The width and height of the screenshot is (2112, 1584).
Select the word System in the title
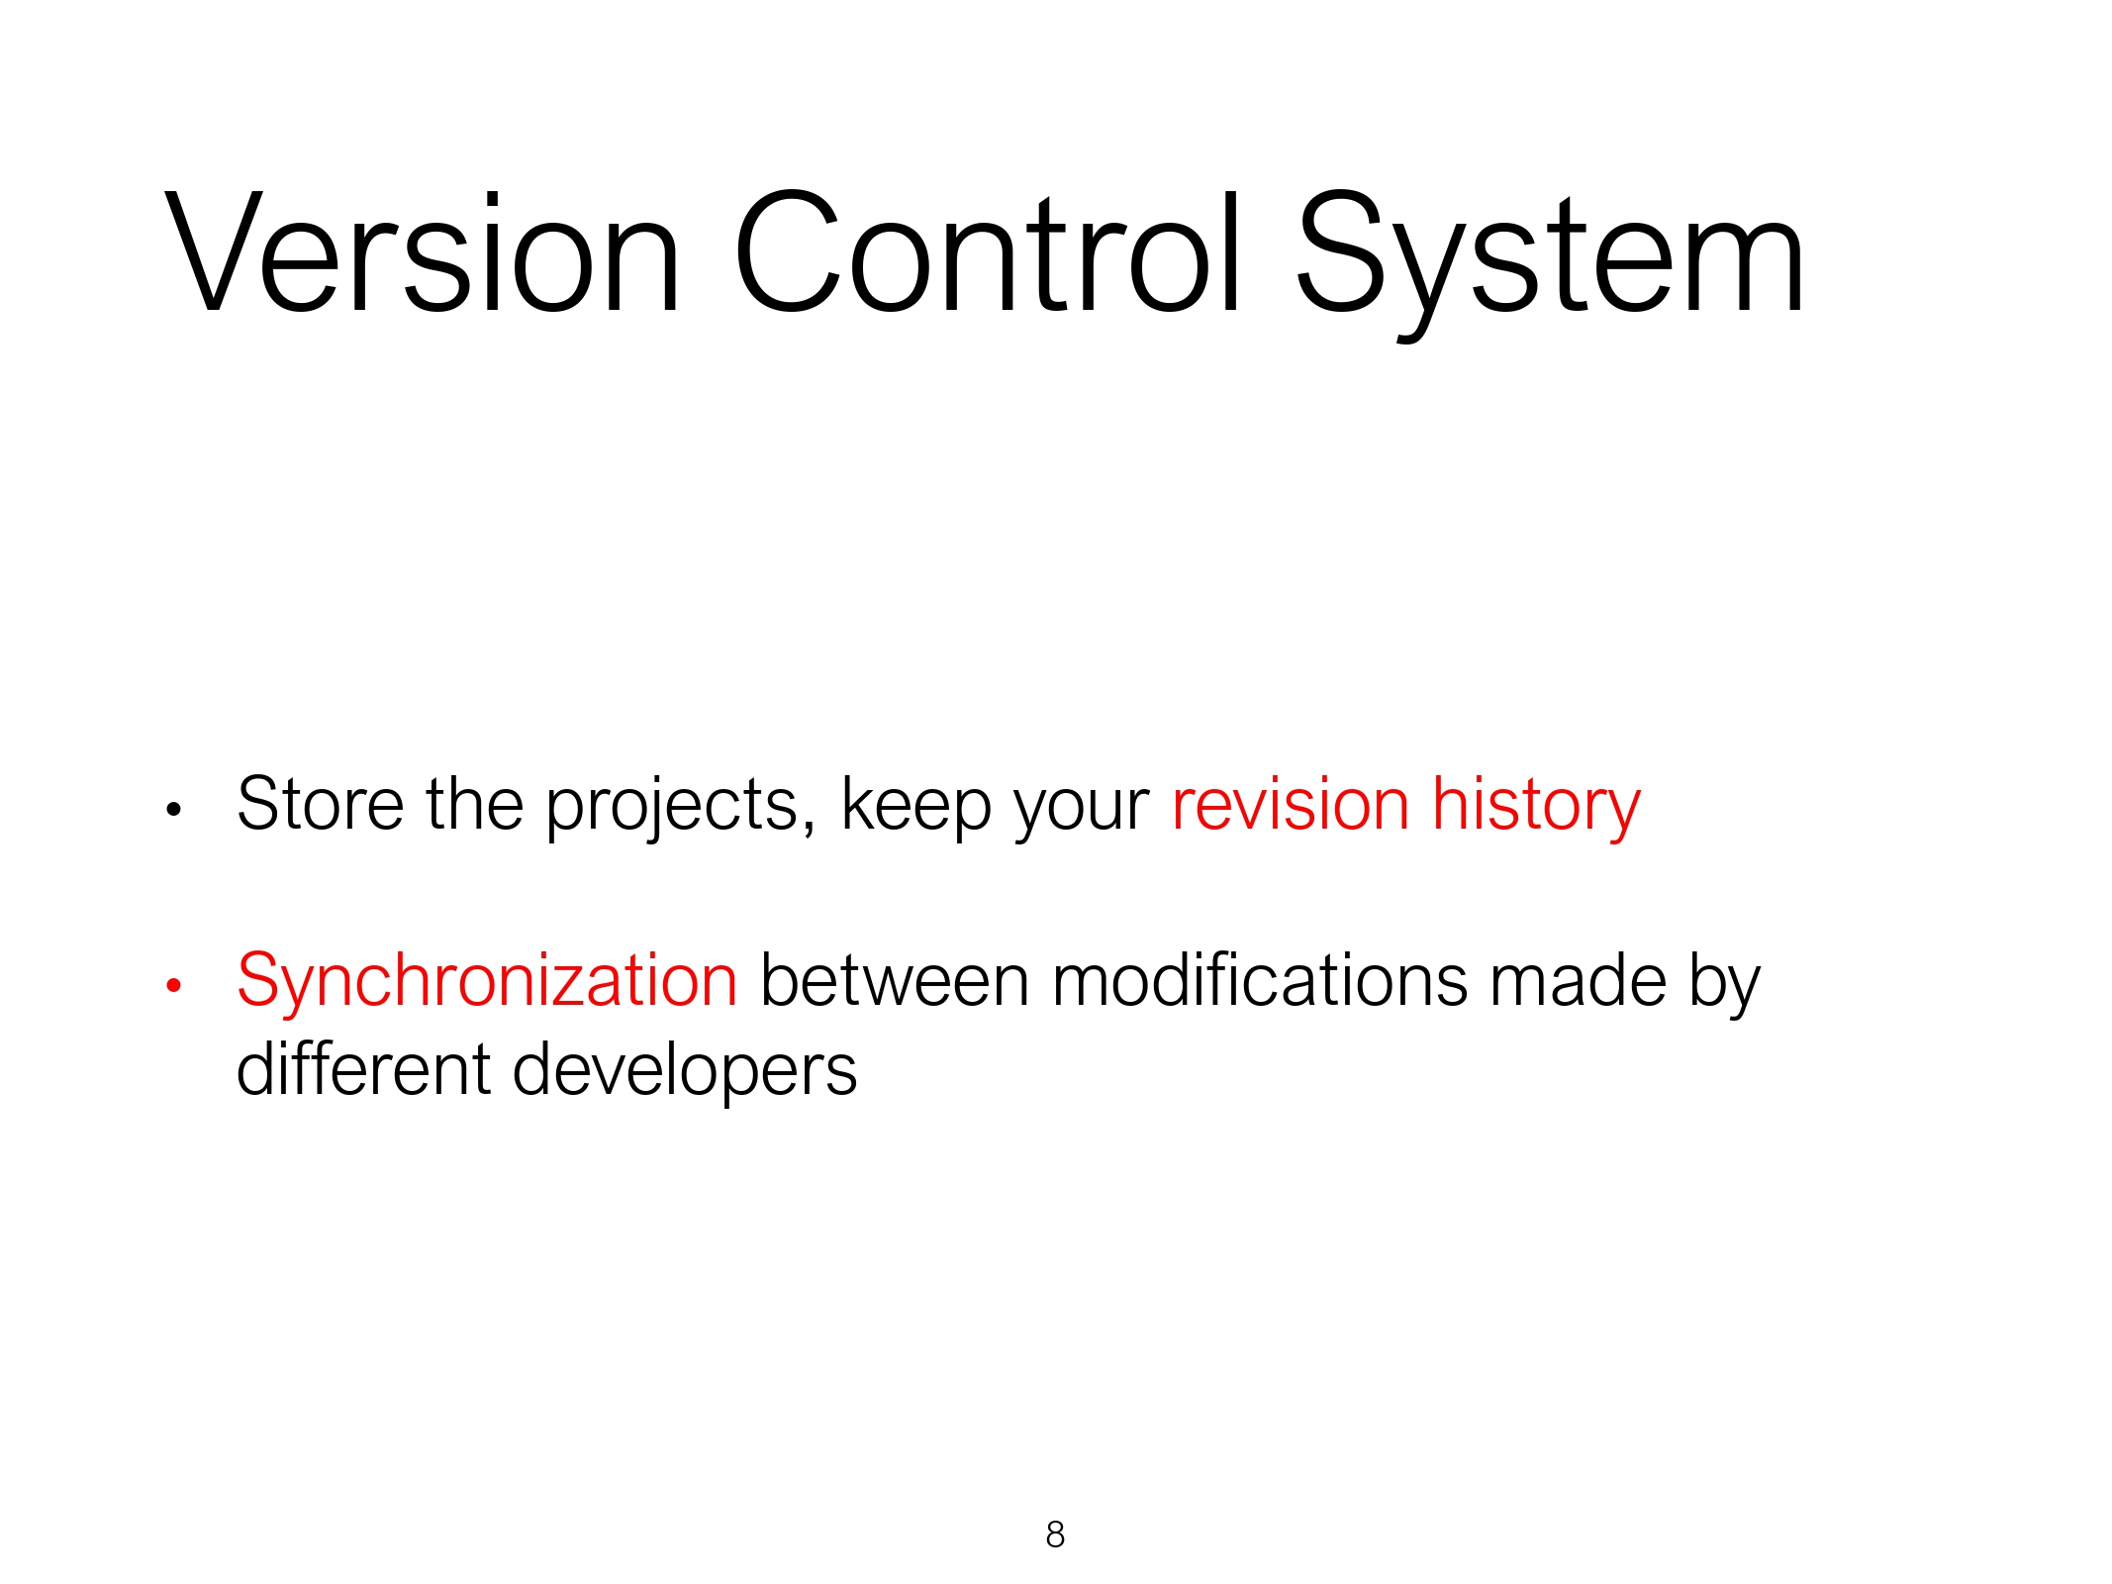click(x=1551, y=262)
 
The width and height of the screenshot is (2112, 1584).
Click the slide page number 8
click(x=1055, y=1534)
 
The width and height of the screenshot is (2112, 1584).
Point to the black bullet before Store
click(x=174, y=810)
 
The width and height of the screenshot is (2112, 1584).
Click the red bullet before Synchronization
click(x=174, y=985)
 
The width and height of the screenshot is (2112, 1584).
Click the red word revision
click(x=1291, y=803)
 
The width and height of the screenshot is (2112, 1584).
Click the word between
click(x=896, y=980)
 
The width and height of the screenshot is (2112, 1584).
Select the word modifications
click(x=1260, y=980)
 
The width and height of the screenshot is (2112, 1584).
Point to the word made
click(x=1579, y=980)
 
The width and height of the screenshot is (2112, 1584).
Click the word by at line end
click(x=1725, y=985)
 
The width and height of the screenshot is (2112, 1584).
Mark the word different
click(x=363, y=1069)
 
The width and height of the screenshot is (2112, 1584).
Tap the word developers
click(x=685, y=1074)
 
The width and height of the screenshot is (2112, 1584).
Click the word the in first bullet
click(x=475, y=803)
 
